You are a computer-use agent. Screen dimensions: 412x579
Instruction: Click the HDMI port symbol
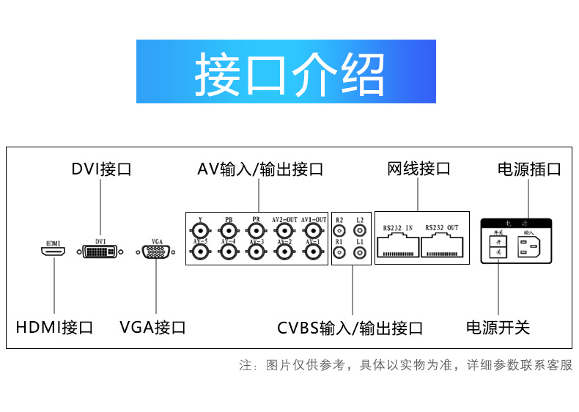53,251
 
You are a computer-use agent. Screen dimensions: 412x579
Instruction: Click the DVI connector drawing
100,251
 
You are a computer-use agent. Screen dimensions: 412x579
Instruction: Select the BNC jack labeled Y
199,230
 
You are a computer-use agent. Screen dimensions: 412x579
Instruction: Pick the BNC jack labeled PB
228,230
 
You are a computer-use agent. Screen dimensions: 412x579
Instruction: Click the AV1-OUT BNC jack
313,230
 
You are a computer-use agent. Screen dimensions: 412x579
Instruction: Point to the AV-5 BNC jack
199,252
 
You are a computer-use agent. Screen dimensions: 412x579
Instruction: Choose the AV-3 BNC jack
256,252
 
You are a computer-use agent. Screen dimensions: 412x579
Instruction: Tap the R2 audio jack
339,230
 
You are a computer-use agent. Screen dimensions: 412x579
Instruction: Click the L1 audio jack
359,252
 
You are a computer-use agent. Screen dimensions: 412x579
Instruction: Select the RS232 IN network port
397,246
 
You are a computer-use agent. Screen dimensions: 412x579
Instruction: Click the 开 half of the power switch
498,240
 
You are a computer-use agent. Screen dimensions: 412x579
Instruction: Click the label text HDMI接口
55,327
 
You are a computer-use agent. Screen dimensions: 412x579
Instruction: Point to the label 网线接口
418,169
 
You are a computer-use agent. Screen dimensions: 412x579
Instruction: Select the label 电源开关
498,327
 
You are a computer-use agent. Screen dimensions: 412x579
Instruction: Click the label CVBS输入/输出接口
350,328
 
